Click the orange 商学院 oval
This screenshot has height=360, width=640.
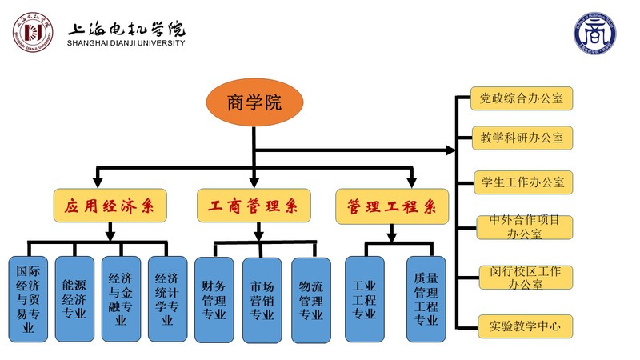pos(254,102)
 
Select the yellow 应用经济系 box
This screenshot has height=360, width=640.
pos(110,206)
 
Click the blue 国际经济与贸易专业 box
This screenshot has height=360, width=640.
pos(28,298)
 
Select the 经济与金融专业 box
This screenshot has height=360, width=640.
pos(121,298)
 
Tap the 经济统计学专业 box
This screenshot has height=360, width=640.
pos(167,298)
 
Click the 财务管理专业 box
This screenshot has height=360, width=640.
pos(214,298)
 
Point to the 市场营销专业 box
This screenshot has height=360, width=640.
pos(262,298)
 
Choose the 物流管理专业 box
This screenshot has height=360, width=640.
pos(310,298)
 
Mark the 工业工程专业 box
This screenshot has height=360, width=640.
pos(364,298)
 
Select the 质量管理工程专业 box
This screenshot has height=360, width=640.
pos(426,298)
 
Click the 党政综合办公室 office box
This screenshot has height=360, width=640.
pos(521,98)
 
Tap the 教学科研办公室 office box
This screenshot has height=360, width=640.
pos(521,137)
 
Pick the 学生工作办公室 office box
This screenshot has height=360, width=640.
pos(521,182)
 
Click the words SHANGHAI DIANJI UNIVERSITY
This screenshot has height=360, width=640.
pos(126,43)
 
